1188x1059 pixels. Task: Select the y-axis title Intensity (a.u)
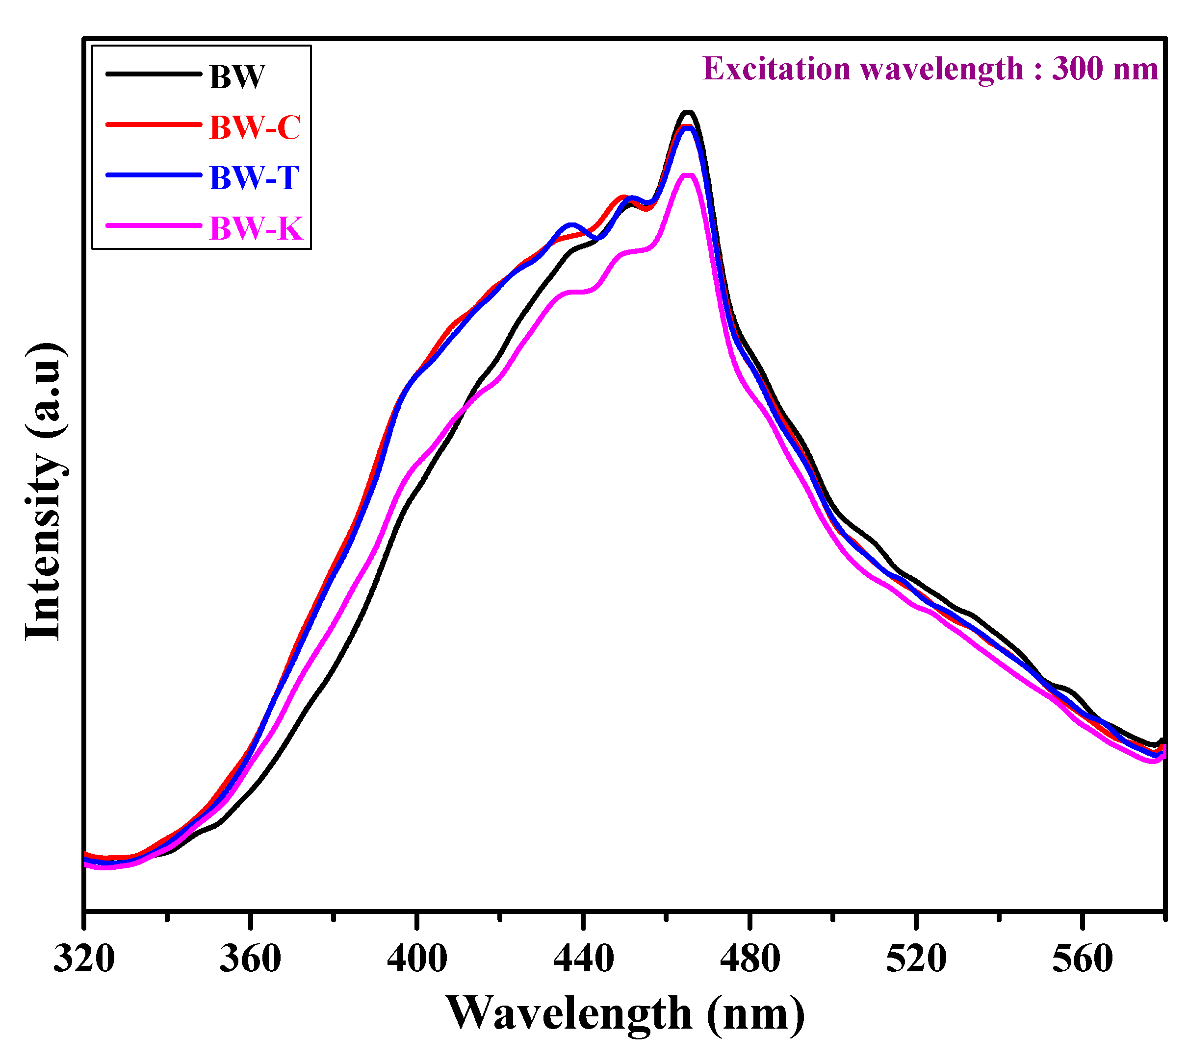[44, 492]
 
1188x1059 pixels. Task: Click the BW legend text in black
[237, 77]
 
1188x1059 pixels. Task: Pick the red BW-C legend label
[255, 127]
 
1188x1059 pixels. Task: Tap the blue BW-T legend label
[255, 177]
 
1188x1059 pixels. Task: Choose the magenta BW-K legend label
[256, 228]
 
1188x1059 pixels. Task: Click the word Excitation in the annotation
[776, 69]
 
